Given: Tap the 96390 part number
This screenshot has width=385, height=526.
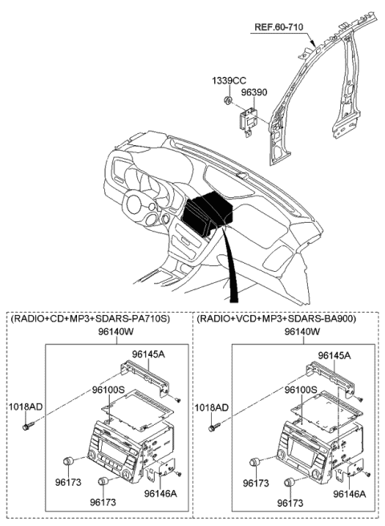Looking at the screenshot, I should (x=255, y=92).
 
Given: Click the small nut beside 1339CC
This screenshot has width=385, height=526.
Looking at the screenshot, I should (x=229, y=100).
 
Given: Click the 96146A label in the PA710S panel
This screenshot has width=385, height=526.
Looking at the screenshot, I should (x=162, y=495).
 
